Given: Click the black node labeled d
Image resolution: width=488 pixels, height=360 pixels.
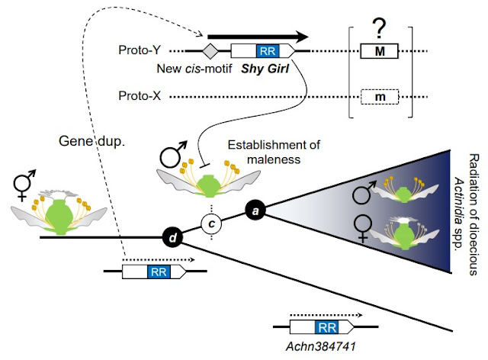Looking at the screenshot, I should [173, 239].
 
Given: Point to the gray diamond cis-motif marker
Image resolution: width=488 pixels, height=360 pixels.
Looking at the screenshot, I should [211, 53].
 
